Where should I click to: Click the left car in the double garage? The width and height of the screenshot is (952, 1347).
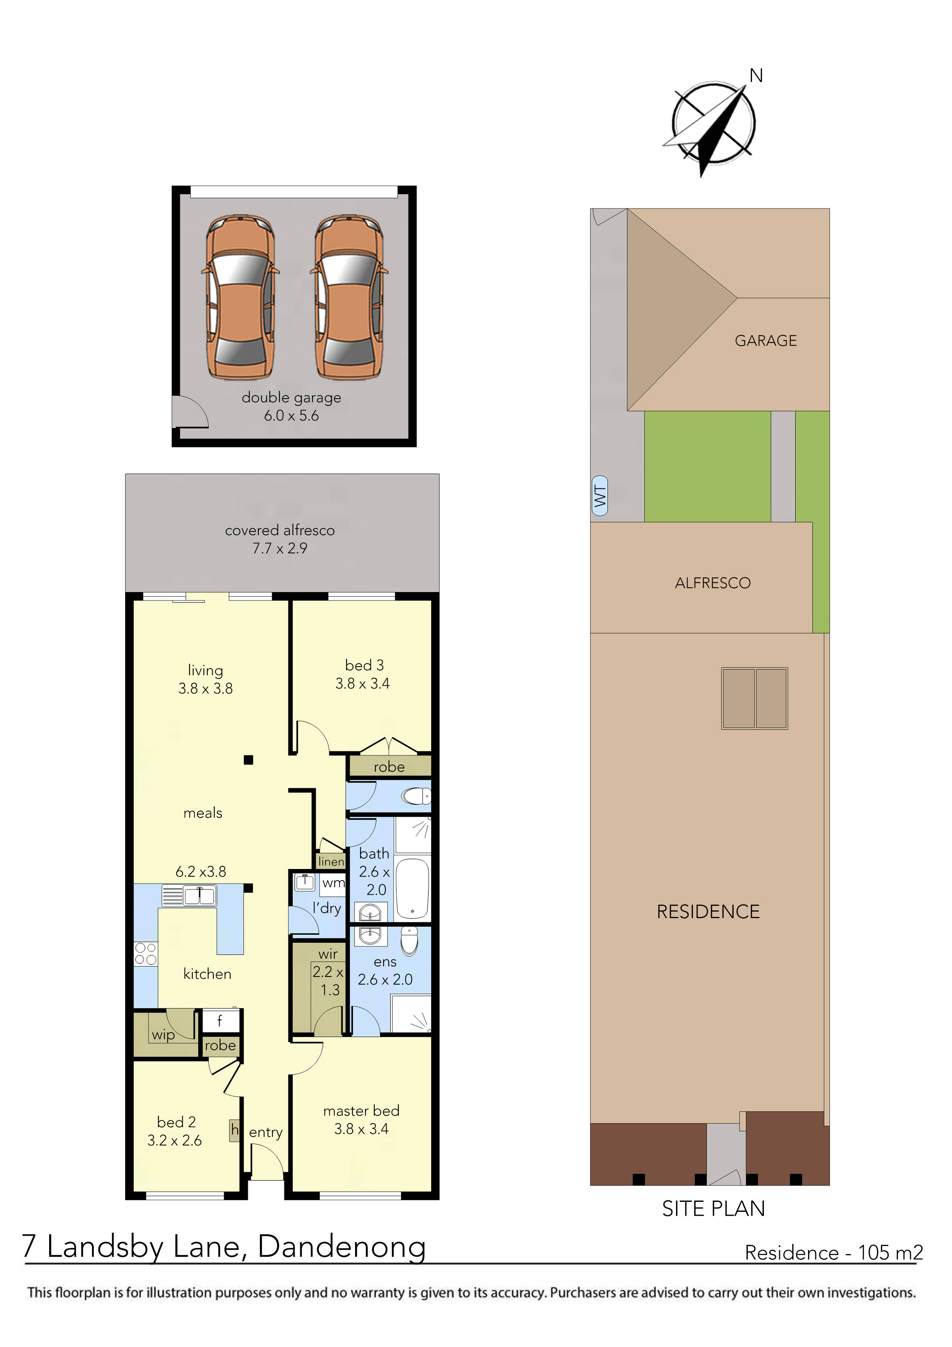(x=240, y=298)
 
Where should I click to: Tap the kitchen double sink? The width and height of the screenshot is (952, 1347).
(x=200, y=895)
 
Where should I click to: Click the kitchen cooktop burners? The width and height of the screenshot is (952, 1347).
(x=145, y=953)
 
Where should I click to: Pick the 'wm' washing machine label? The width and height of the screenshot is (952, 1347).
(x=333, y=883)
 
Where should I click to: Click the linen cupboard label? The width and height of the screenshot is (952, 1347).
(x=331, y=861)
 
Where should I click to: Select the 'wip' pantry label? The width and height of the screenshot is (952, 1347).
(x=163, y=1034)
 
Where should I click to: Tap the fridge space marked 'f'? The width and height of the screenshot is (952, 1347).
(x=220, y=1021)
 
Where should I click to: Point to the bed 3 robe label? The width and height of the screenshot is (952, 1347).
(x=389, y=767)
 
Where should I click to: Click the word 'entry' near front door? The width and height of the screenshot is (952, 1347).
(x=266, y=1132)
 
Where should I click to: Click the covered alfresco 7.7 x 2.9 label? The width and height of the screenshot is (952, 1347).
(x=280, y=539)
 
